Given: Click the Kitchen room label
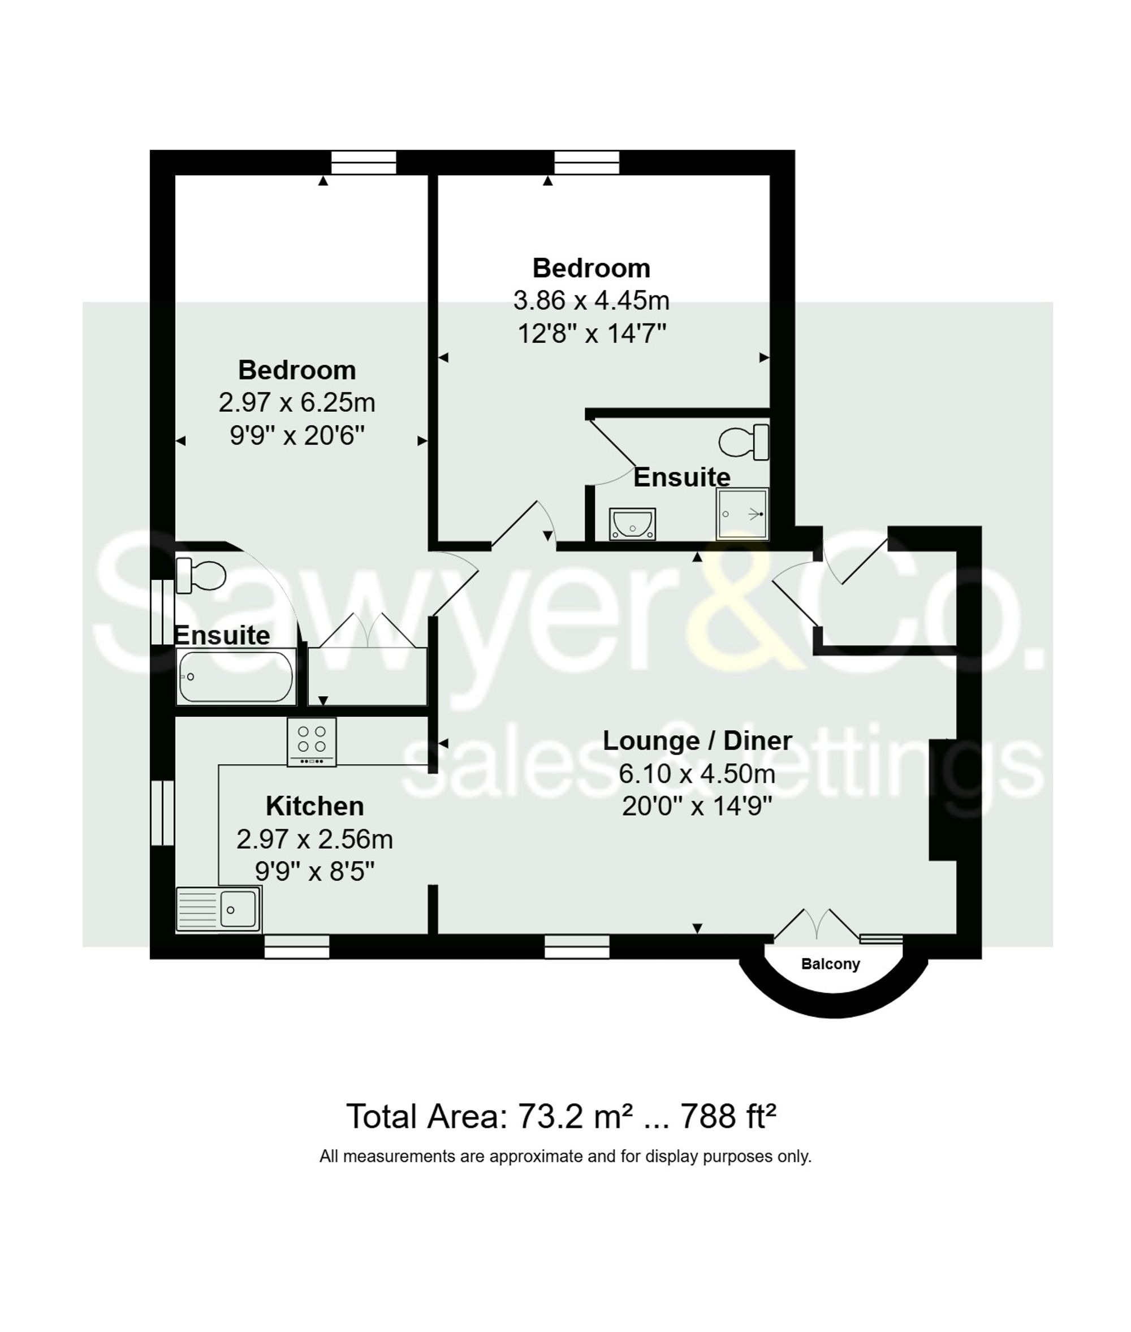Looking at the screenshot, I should coord(314,806).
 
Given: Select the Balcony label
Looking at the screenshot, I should coord(830,964).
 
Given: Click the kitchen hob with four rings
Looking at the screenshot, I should coord(312,742).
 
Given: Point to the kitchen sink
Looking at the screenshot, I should coord(219,909).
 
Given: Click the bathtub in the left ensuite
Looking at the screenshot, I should coord(235,676).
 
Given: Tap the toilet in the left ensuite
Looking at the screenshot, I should coord(200,575).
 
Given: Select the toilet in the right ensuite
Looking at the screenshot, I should coord(744,442).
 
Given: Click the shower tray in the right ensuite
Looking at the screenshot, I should coord(743,514).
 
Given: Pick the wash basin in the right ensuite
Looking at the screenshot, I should coord(632,523).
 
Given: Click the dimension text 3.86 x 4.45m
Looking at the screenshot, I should coord(591,300).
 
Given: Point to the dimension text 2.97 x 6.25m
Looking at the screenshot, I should coord(296,403).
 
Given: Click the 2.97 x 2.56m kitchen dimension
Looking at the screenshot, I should coord(314,839).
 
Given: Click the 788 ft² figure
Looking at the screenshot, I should coord(728,1117).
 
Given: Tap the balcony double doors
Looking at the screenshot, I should coord(815,925).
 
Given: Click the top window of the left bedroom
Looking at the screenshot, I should coord(364,163).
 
